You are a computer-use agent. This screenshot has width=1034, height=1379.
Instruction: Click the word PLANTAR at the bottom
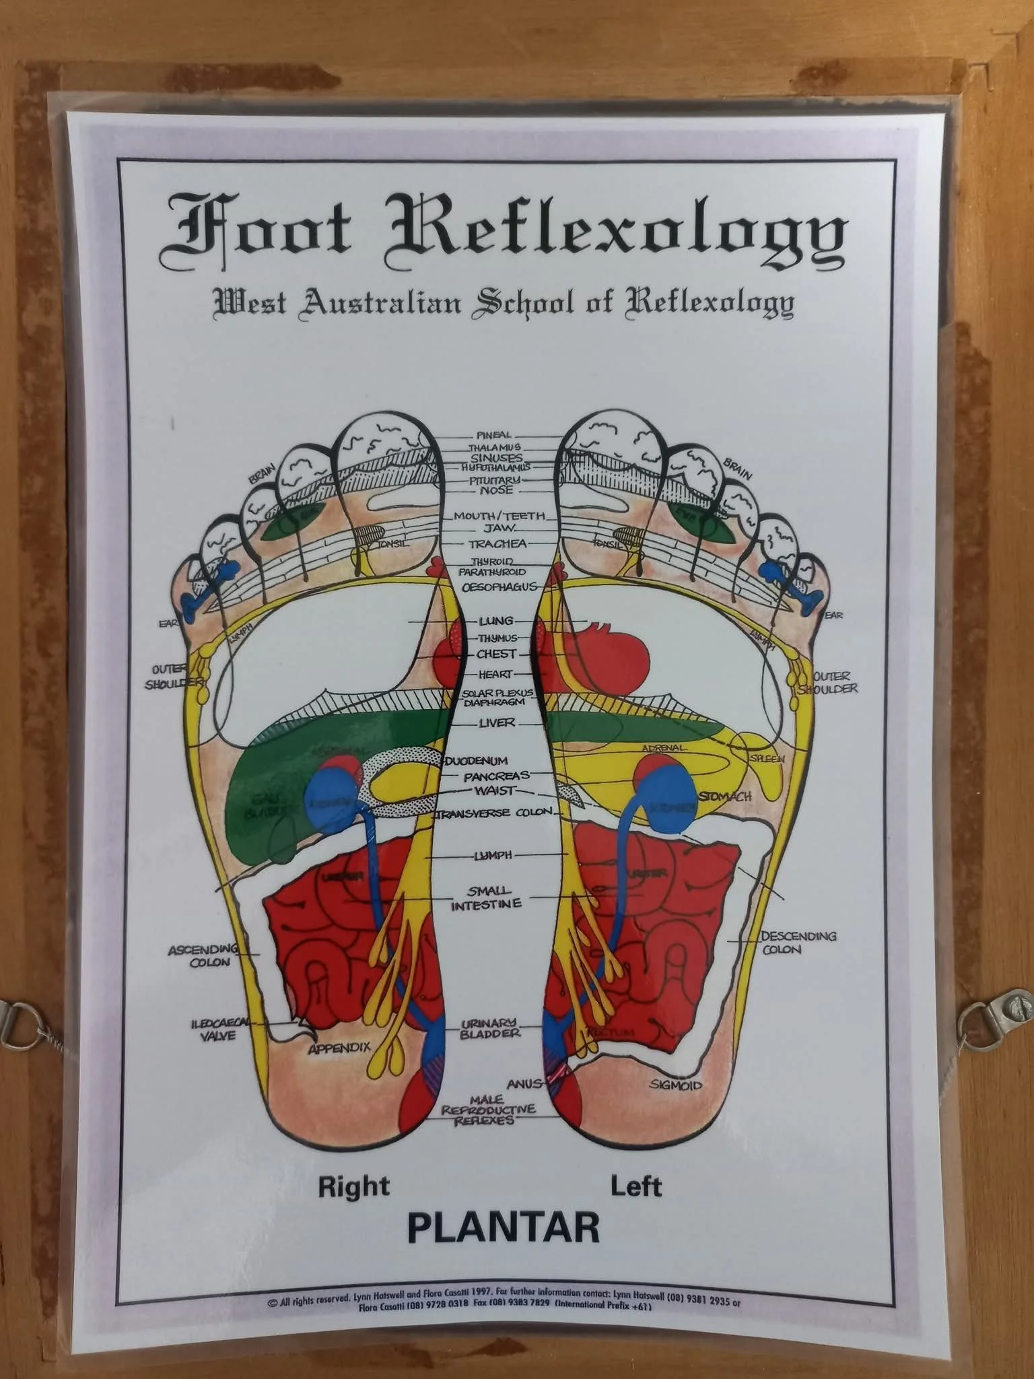pos(503,1226)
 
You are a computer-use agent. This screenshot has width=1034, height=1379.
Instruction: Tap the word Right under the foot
pos(354,1186)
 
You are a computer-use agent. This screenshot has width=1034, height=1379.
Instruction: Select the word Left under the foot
pos(635,1186)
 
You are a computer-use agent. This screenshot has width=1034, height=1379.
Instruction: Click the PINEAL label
pos(494,436)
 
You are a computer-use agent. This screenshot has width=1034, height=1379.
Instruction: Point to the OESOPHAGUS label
pos(499,586)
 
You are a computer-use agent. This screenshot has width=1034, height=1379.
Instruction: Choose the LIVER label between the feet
pos(497,723)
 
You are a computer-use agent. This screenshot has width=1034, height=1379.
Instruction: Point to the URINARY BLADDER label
pos(489,1028)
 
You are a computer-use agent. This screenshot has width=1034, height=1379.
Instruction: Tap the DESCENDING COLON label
pos(798,943)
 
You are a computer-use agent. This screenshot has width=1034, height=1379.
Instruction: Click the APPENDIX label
pos(339,1049)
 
